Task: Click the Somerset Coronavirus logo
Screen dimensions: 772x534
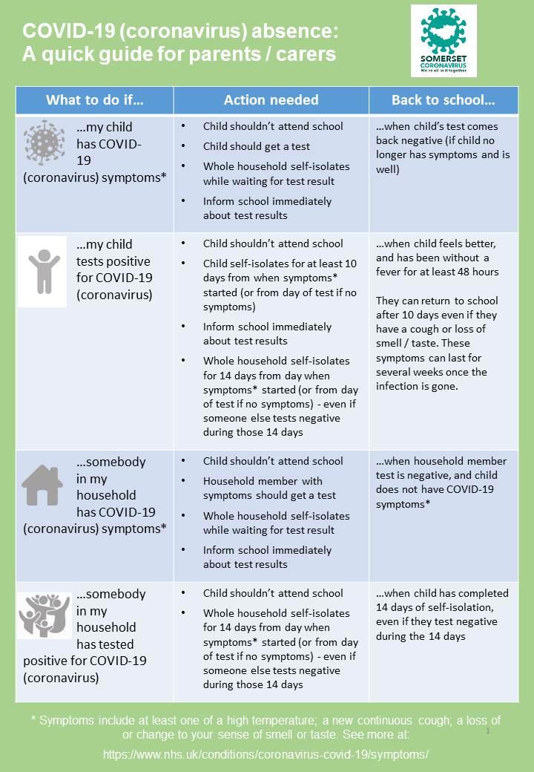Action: click(444, 41)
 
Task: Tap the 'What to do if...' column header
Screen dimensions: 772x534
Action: click(94, 100)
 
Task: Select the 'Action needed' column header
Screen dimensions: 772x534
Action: click(271, 100)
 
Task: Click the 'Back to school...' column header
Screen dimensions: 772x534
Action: click(443, 100)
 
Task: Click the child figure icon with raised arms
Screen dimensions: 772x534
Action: click(43, 271)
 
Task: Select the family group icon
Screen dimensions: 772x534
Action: click(44, 615)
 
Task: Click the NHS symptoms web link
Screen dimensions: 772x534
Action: click(266, 754)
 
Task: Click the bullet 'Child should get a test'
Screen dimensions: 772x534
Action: click(257, 146)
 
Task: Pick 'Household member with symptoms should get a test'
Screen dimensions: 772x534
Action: click(269, 488)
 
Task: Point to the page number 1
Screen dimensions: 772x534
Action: click(488, 731)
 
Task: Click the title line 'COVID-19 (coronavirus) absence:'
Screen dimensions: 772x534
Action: click(180, 32)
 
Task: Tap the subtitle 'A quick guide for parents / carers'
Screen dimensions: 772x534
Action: click(179, 54)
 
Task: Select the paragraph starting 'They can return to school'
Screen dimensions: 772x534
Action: click(437, 344)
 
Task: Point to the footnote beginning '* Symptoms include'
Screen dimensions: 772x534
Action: click(266, 727)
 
